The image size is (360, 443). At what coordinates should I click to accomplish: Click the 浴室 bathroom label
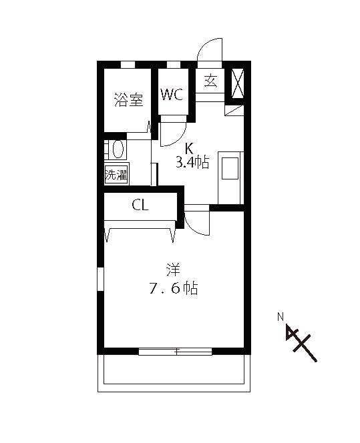(x=129, y=99)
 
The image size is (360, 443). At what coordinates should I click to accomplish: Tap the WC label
(x=172, y=94)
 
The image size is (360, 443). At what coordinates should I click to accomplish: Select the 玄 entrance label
(x=210, y=81)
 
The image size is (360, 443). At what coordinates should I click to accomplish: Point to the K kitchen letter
(x=188, y=148)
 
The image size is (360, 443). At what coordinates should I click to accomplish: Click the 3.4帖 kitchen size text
(x=192, y=162)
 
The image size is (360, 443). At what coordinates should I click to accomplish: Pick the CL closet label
(x=140, y=205)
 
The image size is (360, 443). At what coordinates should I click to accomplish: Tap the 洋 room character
(x=173, y=270)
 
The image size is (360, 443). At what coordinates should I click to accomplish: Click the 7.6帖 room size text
(x=174, y=288)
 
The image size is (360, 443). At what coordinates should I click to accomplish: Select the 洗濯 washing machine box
(x=116, y=174)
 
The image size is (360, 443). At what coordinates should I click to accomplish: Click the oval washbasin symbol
(x=118, y=149)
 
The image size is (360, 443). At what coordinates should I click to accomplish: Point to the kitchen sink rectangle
(x=230, y=168)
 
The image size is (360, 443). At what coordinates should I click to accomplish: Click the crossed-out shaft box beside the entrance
(x=238, y=83)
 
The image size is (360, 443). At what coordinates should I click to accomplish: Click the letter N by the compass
(x=281, y=317)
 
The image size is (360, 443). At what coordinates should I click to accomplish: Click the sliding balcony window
(x=176, y=352)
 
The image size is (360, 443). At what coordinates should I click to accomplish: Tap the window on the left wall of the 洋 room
(x=100, y=280)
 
